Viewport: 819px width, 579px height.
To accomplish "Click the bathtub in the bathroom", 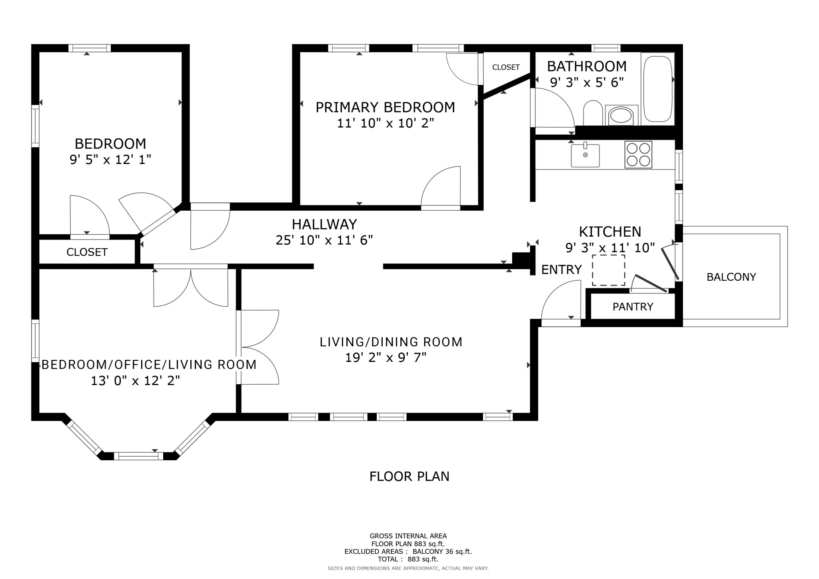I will coord(658,89).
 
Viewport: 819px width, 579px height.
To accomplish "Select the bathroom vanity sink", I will coord(621,116).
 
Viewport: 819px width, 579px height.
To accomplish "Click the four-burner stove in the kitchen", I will coord(638,154).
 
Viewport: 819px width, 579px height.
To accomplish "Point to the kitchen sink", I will coord(585,155).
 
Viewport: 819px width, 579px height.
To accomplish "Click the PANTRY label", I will coord(633,307).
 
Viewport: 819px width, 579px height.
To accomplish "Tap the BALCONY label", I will coord(731,277).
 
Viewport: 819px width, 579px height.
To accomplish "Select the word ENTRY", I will coord(561,270).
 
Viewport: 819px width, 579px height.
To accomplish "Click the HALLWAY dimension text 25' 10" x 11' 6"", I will coord(324,240).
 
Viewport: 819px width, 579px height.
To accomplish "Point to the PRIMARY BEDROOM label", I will coord(385,108).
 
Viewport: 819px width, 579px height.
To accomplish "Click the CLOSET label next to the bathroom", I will coord(506,68).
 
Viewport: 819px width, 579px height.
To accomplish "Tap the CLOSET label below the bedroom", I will coord(87,252).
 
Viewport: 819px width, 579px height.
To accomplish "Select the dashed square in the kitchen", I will coord(608,270).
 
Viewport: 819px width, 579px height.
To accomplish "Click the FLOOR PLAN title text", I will coord(409,477).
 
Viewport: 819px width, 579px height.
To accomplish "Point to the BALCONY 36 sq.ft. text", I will coord(442,551).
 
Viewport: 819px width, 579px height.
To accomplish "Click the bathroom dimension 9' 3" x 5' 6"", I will coord(587,83).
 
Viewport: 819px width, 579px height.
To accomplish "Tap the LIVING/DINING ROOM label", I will coord(391,342).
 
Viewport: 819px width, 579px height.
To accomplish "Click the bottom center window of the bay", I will coord(138,456).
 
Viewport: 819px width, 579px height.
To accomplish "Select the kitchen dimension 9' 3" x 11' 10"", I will coord(610,248).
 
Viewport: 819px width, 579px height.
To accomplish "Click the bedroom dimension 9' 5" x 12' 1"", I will coord(110,160).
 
